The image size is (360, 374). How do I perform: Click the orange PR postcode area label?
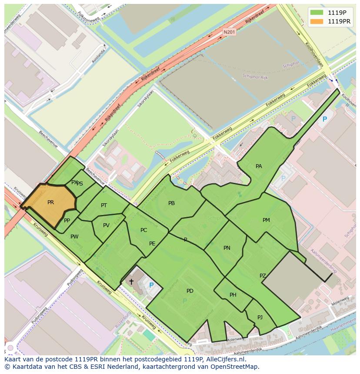click(x=51, y=202)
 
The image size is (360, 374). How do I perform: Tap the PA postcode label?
click(x=259, y=166)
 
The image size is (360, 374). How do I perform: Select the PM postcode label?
click(x=266, y=220)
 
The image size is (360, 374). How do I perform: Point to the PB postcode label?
click(x=171, y=203)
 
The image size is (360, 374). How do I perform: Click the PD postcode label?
click(x=190, y=291)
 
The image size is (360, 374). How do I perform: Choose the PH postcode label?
click(x=233, y=295)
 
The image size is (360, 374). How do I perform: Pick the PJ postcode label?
click(x=260, y=317)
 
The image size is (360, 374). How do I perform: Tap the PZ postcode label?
click(x=263, y=276)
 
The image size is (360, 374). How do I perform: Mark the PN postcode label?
click(x=227, y=248)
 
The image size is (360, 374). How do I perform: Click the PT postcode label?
click(x=104, y=205)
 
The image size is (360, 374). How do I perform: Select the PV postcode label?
click(x=106, y=225)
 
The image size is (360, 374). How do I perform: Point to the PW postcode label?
click(x=74, y=237)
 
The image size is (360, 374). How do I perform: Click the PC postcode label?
click(x=144, y=230)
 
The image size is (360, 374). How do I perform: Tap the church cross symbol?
click(x=131, y=282)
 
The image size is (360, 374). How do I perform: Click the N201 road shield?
click(x=229, y=32)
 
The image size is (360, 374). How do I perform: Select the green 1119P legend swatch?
click(x=317, y=13)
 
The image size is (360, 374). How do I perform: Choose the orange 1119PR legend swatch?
click(x=317, y=21)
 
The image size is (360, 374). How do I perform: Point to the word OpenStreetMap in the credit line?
click(x=234, y=367)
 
